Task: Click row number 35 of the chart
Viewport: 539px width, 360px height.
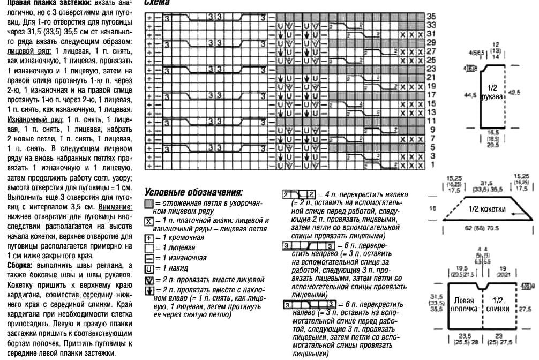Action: tap(431, 17)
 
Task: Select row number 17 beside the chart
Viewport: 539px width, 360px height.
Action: tap(431, 95)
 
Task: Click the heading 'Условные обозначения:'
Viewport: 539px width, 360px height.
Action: tap(193, 192)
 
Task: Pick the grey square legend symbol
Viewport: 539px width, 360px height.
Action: tap(148, 204)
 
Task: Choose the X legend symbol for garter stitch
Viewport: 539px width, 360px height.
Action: tap(148, 221)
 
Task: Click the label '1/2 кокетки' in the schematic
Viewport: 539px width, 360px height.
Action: tap(485, 209)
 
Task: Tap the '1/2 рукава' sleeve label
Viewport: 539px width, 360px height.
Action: tap(491, 92)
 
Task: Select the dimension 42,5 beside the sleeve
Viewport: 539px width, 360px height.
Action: tap(514, 92)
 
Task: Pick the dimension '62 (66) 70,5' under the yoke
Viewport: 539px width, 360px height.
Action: tap(486, 228)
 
